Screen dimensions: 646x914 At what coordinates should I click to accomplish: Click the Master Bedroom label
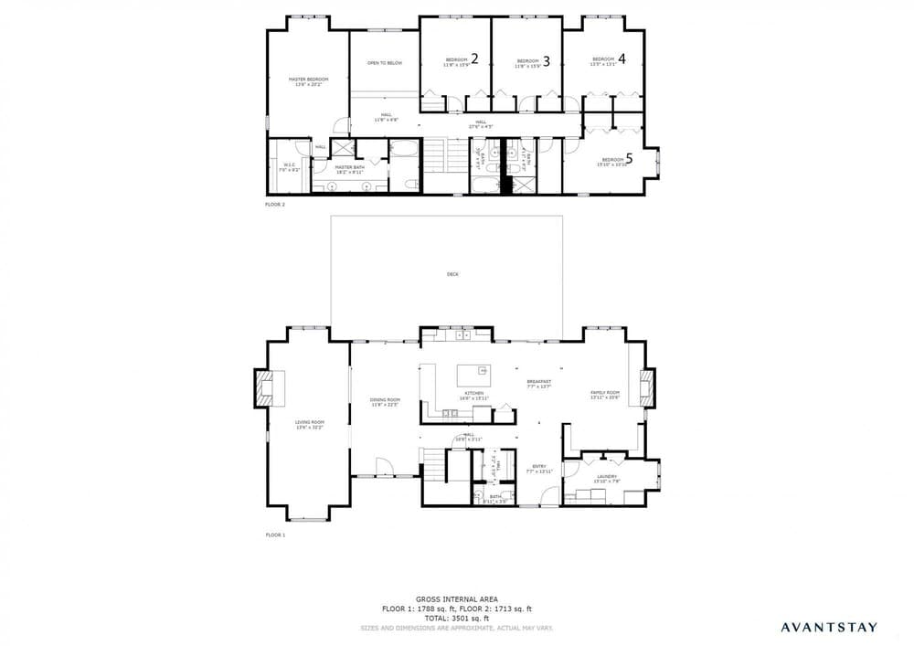click(308, 79)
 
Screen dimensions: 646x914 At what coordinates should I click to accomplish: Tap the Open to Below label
click(384, 63)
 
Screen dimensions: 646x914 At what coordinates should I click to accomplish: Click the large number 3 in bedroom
click(546, 61)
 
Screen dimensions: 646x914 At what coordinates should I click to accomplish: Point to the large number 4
click(622, 58)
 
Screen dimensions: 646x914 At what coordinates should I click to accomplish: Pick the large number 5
click(654, 157)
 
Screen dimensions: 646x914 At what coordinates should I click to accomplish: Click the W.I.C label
click(288, 165)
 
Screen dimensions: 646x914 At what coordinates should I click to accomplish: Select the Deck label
click(452, 274)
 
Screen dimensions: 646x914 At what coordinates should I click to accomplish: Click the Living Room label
click(310, 423)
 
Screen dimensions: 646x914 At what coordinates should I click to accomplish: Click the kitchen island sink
click(481, 371)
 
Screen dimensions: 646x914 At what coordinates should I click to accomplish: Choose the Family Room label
click(605, 394)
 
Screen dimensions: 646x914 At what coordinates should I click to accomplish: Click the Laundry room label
click(607, 476)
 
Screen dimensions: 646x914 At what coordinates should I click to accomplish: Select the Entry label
click(538, 467)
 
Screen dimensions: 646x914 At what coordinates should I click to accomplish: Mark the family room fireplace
click(647, 386)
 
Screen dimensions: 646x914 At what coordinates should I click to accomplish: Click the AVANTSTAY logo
click(828, 627)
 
